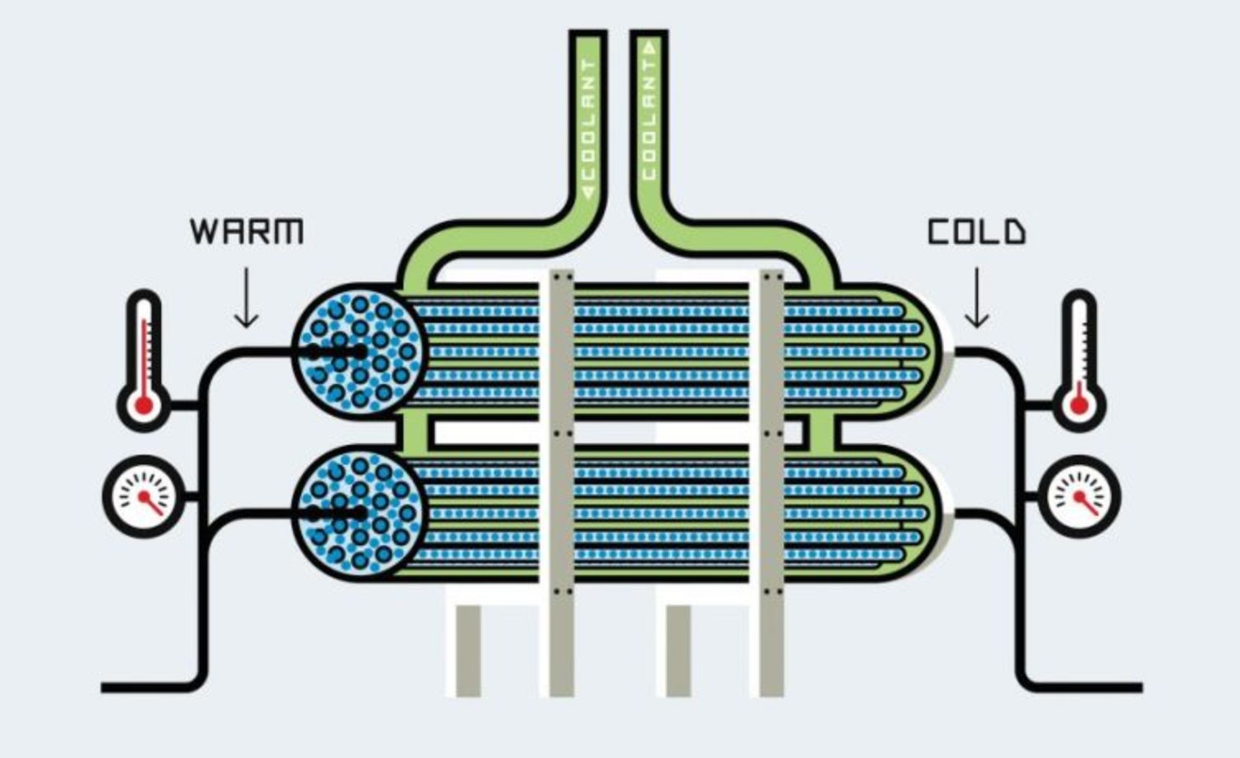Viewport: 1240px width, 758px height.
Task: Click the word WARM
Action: (x=247, y=231)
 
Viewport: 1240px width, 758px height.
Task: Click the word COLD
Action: (x=976, y=232)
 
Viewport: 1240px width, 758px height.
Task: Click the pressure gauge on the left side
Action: (x=144, y=496)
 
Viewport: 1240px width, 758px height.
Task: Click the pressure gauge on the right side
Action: (x=1079, y=496)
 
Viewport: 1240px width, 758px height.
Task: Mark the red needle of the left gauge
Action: (x=150, y=503)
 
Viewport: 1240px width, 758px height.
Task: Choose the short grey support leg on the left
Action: (x=468, y=651)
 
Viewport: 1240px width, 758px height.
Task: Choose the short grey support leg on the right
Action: (x=678, y=651)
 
